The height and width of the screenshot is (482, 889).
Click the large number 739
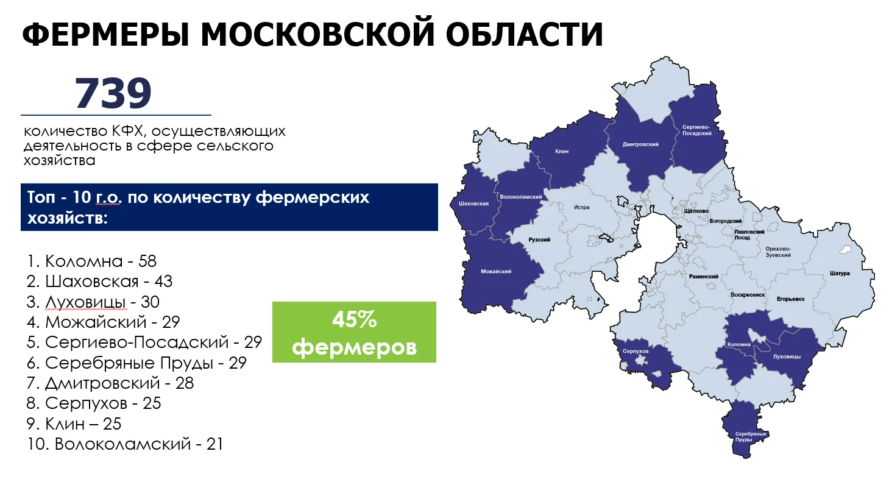113,93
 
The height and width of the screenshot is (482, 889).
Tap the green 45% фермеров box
354,332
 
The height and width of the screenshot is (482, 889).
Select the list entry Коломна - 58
91,261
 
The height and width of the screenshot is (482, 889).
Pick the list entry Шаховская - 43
99,282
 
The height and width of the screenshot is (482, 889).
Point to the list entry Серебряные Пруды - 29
136,363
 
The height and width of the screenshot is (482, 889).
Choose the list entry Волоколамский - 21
125,444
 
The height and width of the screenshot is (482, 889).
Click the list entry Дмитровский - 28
110,383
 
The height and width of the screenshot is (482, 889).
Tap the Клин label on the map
562,151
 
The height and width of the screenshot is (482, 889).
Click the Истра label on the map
581,207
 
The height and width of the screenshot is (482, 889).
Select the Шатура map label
840,273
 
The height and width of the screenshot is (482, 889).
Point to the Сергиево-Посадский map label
697,130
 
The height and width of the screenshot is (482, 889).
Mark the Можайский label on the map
496,272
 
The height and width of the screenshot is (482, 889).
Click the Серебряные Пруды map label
751,437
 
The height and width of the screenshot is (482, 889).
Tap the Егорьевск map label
790,299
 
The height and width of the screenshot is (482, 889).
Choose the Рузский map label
539,240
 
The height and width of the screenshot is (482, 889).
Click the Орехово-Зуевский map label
778,252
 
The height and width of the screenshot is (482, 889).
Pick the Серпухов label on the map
636,351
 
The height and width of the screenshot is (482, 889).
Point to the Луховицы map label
787,356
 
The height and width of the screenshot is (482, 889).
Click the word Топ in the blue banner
41,197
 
